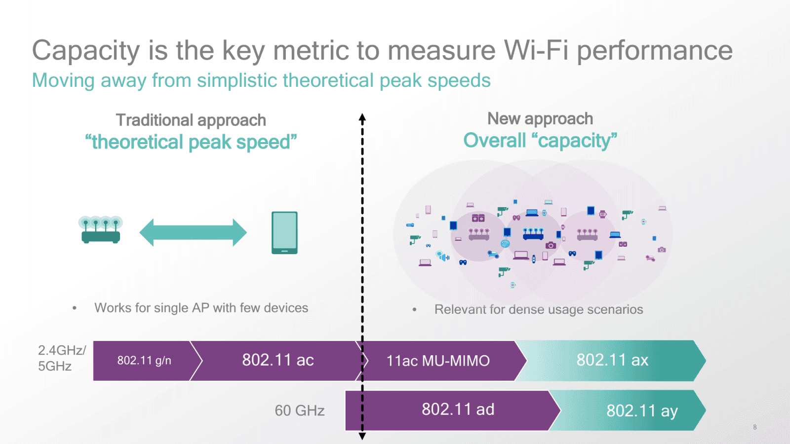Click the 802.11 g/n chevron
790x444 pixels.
click(x=144, y=361)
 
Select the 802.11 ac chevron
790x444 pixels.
click(x=277, y=360)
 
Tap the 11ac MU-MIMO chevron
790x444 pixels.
click(x=438, y=361)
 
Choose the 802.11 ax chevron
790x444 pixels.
click(x=612, y=360)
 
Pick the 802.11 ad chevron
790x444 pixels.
click(x=458, y=409)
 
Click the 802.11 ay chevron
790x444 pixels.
click(x=642, y=410)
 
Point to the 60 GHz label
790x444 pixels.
click(x=300, y=410)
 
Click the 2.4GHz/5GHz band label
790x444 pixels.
click(x=62, y=358)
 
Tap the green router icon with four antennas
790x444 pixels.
click(x=101, y=230)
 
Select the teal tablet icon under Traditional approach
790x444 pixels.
click(x=284, y=232)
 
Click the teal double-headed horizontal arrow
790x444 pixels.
click(x=193, y=232)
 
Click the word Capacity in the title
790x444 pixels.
click(x=86, y=51)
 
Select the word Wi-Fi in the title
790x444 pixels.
click(x=536, y=50)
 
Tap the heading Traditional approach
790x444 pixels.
click(x=191, y=120)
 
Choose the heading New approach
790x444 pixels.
click(x=540, y=119)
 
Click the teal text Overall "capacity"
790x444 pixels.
click(x=540, y=141)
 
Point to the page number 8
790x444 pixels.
click(x=755, y=427)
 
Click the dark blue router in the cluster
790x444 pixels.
click(x=533, y=234)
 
